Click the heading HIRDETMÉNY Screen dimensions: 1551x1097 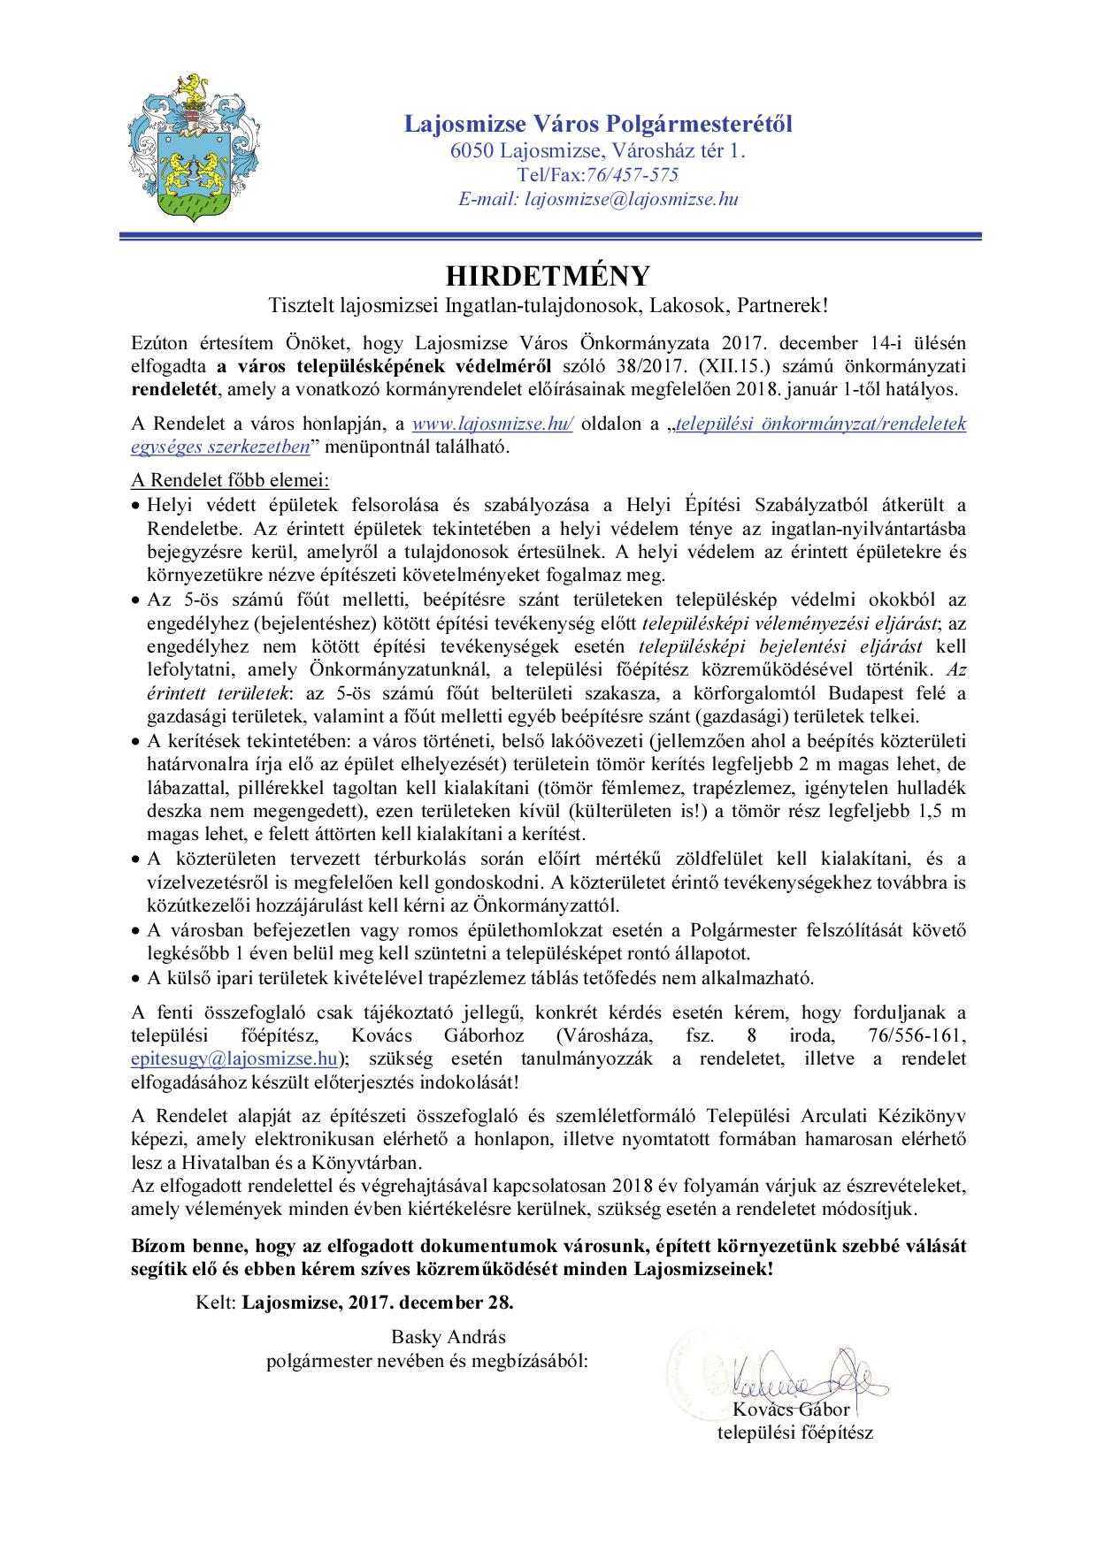(x=548, y=275)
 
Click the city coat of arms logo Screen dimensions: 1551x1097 (x=191, y=148)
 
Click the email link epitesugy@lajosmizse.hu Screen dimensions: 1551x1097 (x=234, y=1058)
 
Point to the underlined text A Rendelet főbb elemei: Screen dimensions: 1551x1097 (x=229, y=481)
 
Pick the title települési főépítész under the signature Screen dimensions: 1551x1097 (x=794, y=1433)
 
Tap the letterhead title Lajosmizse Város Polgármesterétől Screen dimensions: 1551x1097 (x=598, y=124)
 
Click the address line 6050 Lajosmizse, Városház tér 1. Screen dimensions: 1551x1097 (x=598, y=151)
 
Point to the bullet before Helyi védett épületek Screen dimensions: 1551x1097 (x=135, y=507)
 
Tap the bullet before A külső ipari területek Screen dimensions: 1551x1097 (x=135, y=979)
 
